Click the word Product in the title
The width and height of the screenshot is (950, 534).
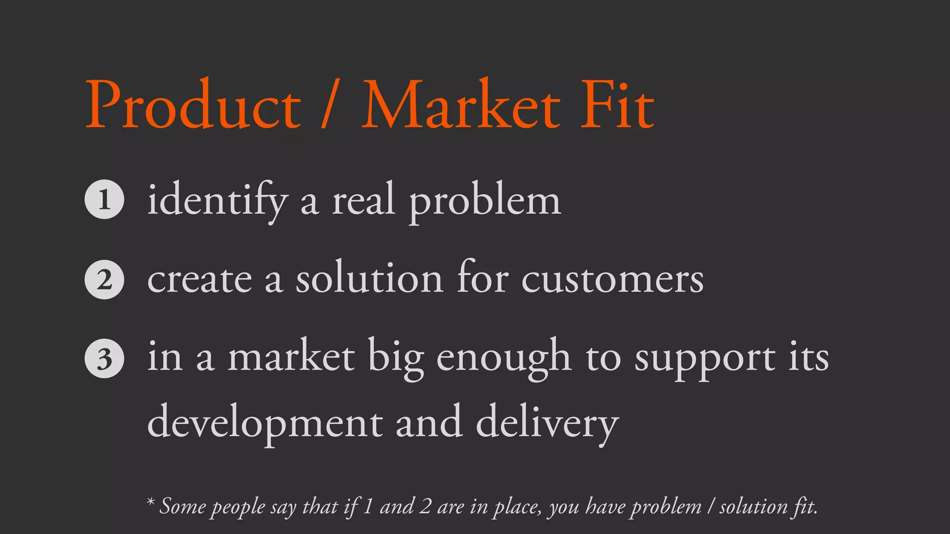193,106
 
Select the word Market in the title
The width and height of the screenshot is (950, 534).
461,106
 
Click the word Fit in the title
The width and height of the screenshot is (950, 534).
617,106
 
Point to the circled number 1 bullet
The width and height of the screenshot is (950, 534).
104,199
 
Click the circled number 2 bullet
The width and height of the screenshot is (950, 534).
104,280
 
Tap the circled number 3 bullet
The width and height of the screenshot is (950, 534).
104,359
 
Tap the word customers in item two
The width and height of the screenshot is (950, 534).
612,280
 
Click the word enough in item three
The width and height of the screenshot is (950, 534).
504,359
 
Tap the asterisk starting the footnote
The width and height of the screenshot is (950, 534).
150,502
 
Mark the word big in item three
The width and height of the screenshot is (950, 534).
396,359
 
